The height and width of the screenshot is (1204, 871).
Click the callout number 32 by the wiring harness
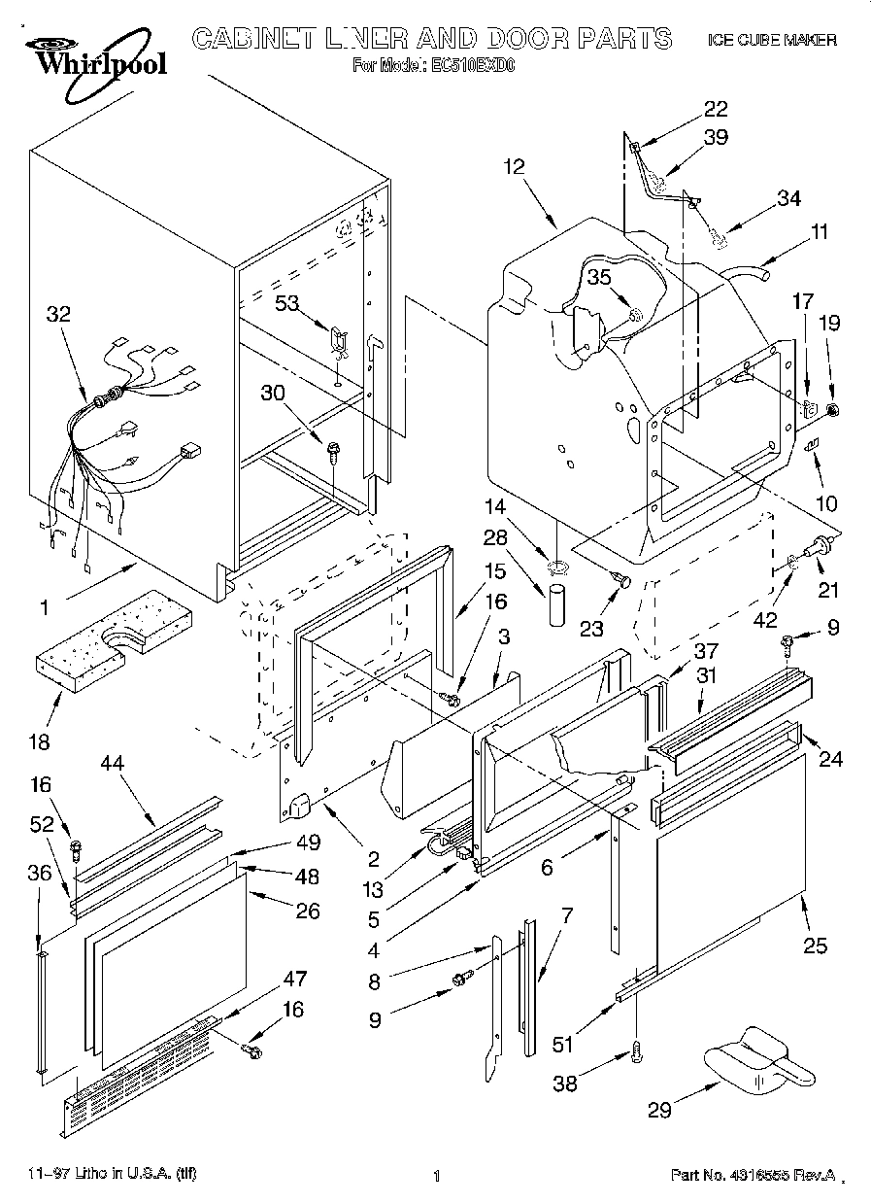tap(58, 314)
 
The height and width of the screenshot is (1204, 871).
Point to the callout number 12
tap(514, 166)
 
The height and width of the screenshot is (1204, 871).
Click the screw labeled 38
tap(637, 1049)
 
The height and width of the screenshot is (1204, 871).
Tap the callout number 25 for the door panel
tap(816, 945)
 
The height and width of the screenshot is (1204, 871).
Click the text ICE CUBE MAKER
tap(772, 40)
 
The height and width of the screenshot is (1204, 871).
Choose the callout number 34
tap(788, 198)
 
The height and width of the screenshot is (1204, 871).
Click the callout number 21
tap(829, 589)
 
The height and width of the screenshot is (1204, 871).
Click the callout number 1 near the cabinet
tap(44, 608)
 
